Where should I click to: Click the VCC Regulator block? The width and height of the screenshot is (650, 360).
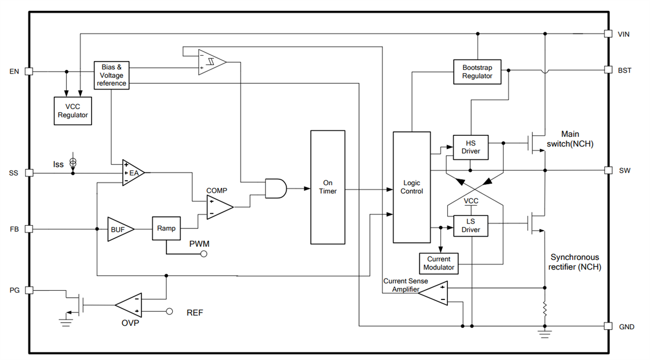click(73, 110)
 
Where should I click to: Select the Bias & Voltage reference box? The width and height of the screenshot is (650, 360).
click(112, 75)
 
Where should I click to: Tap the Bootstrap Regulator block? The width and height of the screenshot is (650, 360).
click(477, 72)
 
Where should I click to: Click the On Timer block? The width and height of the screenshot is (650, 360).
click(328, 187)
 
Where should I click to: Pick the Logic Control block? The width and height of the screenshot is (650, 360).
click(412, 187)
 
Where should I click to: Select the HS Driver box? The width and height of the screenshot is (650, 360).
click(470, 147)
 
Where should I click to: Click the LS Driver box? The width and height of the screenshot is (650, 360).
click(470, 226)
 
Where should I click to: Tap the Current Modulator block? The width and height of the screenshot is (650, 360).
click(438, 263)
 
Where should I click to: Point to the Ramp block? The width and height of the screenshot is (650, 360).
click(166, 228)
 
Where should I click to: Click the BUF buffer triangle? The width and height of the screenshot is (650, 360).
click(116, 229)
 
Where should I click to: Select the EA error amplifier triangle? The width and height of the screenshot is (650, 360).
click(132, 173)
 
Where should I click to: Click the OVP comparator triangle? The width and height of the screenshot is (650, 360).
click(129, 305)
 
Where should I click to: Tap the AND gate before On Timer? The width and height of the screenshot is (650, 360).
click(275, 188)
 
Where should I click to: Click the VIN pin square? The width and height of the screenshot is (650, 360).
click(608, 34)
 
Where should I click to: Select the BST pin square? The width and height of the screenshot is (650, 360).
click(608, 70)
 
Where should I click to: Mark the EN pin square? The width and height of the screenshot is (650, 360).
click(29, 71)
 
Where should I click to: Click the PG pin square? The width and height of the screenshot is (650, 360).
click(29, 290)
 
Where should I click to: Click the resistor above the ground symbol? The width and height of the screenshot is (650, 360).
click(545, 310)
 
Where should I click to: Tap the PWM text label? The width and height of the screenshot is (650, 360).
click(199, 244)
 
